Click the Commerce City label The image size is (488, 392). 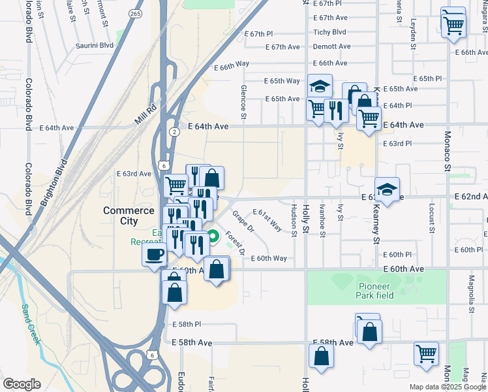(129, 216)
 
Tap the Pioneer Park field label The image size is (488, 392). (374, 290)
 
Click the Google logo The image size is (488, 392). (22, 384)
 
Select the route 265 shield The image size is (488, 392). (135, 13)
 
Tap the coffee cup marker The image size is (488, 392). (154, 253)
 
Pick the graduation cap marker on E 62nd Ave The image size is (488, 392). (387, 189)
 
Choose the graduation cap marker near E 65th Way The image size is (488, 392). (320, 86)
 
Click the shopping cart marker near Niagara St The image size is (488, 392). (453, 26)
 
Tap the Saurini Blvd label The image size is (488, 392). (94, 46)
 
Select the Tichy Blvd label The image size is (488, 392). (329, 32)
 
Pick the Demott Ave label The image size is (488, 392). (331, 47)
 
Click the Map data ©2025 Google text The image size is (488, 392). (447, 387)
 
